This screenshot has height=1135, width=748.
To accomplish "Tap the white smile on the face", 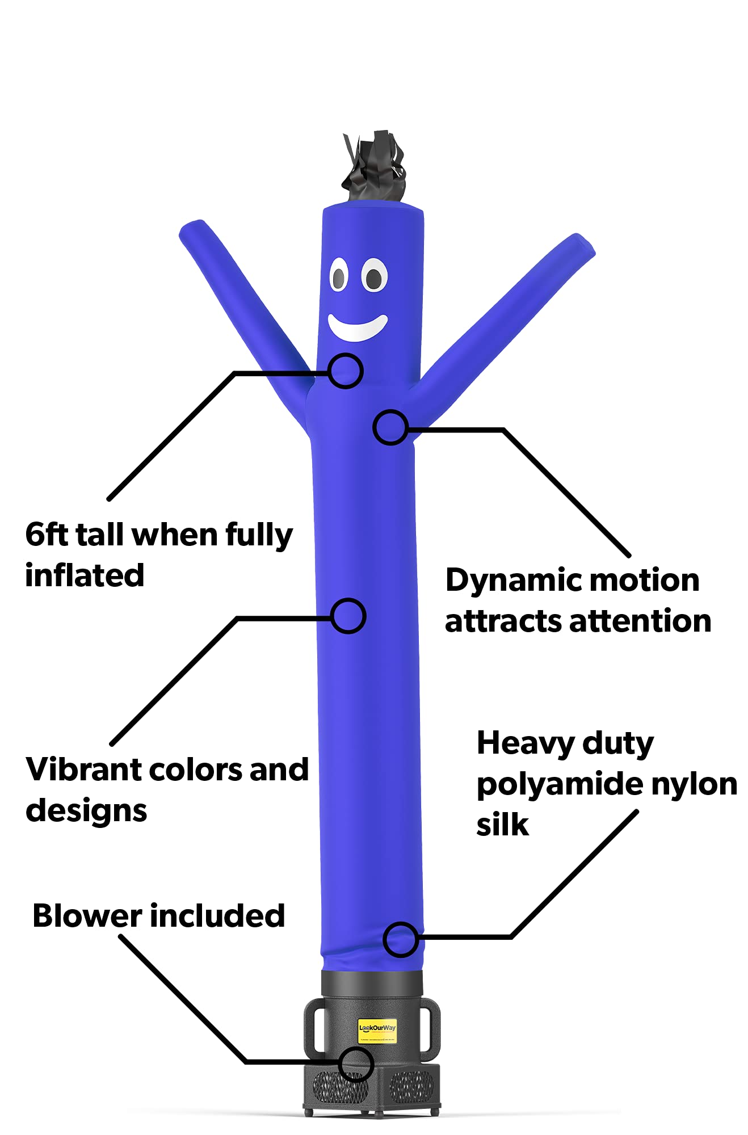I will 358,328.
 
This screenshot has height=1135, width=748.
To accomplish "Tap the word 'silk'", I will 502,825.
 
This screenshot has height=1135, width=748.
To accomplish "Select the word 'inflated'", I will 85,575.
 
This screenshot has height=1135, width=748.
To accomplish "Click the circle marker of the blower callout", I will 356,1064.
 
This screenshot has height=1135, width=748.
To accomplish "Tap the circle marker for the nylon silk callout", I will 401,939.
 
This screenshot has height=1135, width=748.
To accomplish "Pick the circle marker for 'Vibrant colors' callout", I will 348,616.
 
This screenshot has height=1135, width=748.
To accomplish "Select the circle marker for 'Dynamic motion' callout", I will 390,427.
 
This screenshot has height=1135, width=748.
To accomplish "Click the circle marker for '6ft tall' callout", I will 346,371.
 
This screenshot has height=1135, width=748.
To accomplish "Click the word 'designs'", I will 86,811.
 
